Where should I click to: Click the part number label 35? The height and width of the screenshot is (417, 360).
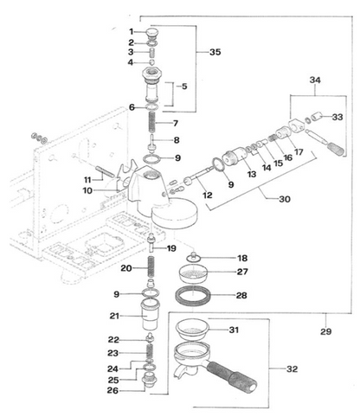[x=215, y=52]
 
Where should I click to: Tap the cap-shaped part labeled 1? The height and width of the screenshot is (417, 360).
[x=152, y=33]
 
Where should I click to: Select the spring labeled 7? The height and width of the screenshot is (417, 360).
[x=152, y=122]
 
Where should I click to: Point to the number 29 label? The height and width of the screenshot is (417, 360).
[x=325, y=331]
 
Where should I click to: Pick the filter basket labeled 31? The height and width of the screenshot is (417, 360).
[x=192, y=329]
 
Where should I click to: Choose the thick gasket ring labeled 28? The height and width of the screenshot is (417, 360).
[x=193, y=296]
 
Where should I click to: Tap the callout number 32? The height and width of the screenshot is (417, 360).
[x=292, y=369]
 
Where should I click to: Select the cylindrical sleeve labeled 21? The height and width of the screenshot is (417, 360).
[x=150, y=315]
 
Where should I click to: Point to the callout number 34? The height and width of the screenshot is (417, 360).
[x=315, y=80]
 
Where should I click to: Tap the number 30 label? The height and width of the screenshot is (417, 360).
[x=285, y=199]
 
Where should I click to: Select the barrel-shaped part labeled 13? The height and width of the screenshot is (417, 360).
[x=235, y=157]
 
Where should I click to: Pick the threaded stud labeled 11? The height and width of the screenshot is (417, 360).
[x=106, y=171]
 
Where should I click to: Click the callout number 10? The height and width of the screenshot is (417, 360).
[x=87, y=190]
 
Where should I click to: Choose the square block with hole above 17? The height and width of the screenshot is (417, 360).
[x=297, y=125]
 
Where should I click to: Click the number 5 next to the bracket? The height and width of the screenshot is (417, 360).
[x=184, y=87]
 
